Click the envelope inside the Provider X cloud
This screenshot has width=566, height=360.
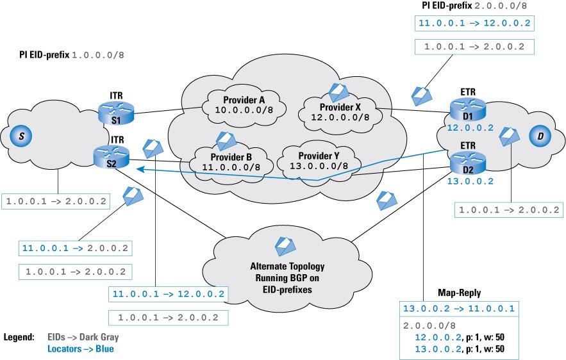(x=338, y=92)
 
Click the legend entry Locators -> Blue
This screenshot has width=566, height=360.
(x=81, y=349)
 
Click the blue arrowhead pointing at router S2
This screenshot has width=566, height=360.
(x=136, y=168)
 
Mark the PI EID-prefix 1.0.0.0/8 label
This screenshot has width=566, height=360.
(x=71, y=55)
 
